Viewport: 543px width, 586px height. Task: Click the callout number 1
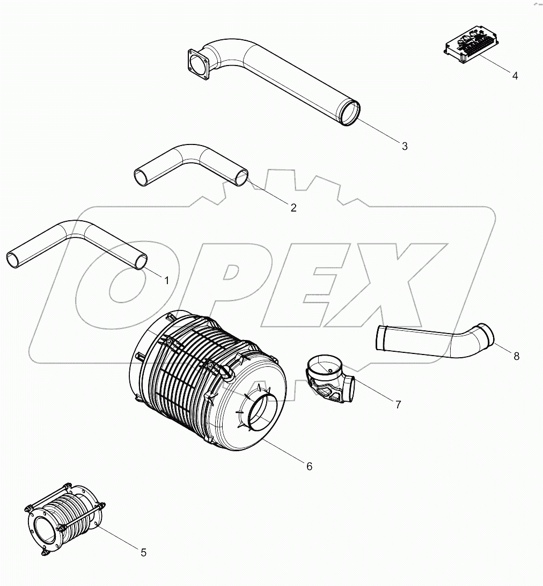(x=166, y=280)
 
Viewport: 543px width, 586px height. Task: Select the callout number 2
(x=293, y=208)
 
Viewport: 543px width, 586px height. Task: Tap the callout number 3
(x=405, y=146)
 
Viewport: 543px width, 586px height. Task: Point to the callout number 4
(x=515, y=76)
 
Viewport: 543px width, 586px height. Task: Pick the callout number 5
(x=143, y=552)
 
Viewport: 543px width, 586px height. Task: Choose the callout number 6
(x=309, y=466)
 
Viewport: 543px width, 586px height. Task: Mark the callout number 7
(x=398, y=405)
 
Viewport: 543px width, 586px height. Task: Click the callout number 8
(x=516, y=356)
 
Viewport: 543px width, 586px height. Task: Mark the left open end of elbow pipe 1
(x=13, y=259)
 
